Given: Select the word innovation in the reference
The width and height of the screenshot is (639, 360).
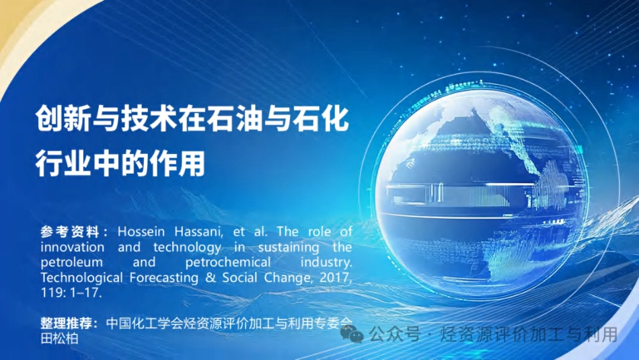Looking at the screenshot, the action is point(72,247).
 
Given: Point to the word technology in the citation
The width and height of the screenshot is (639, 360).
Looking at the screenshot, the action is point(188,248).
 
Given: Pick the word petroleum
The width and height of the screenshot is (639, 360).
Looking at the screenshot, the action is point(71,262).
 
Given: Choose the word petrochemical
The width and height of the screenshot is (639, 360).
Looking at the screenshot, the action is point(228,262).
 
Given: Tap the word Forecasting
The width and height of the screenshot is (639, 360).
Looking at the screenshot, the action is point(164,278).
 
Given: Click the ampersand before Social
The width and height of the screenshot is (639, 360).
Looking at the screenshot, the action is point(211,278).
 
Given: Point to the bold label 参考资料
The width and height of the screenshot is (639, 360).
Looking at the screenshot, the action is point(70,232).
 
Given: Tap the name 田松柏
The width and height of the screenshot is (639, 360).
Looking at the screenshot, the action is point(59,338).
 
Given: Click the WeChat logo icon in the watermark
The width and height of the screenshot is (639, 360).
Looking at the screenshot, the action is point(352,334).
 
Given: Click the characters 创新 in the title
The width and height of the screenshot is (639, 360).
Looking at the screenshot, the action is point(63,118).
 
